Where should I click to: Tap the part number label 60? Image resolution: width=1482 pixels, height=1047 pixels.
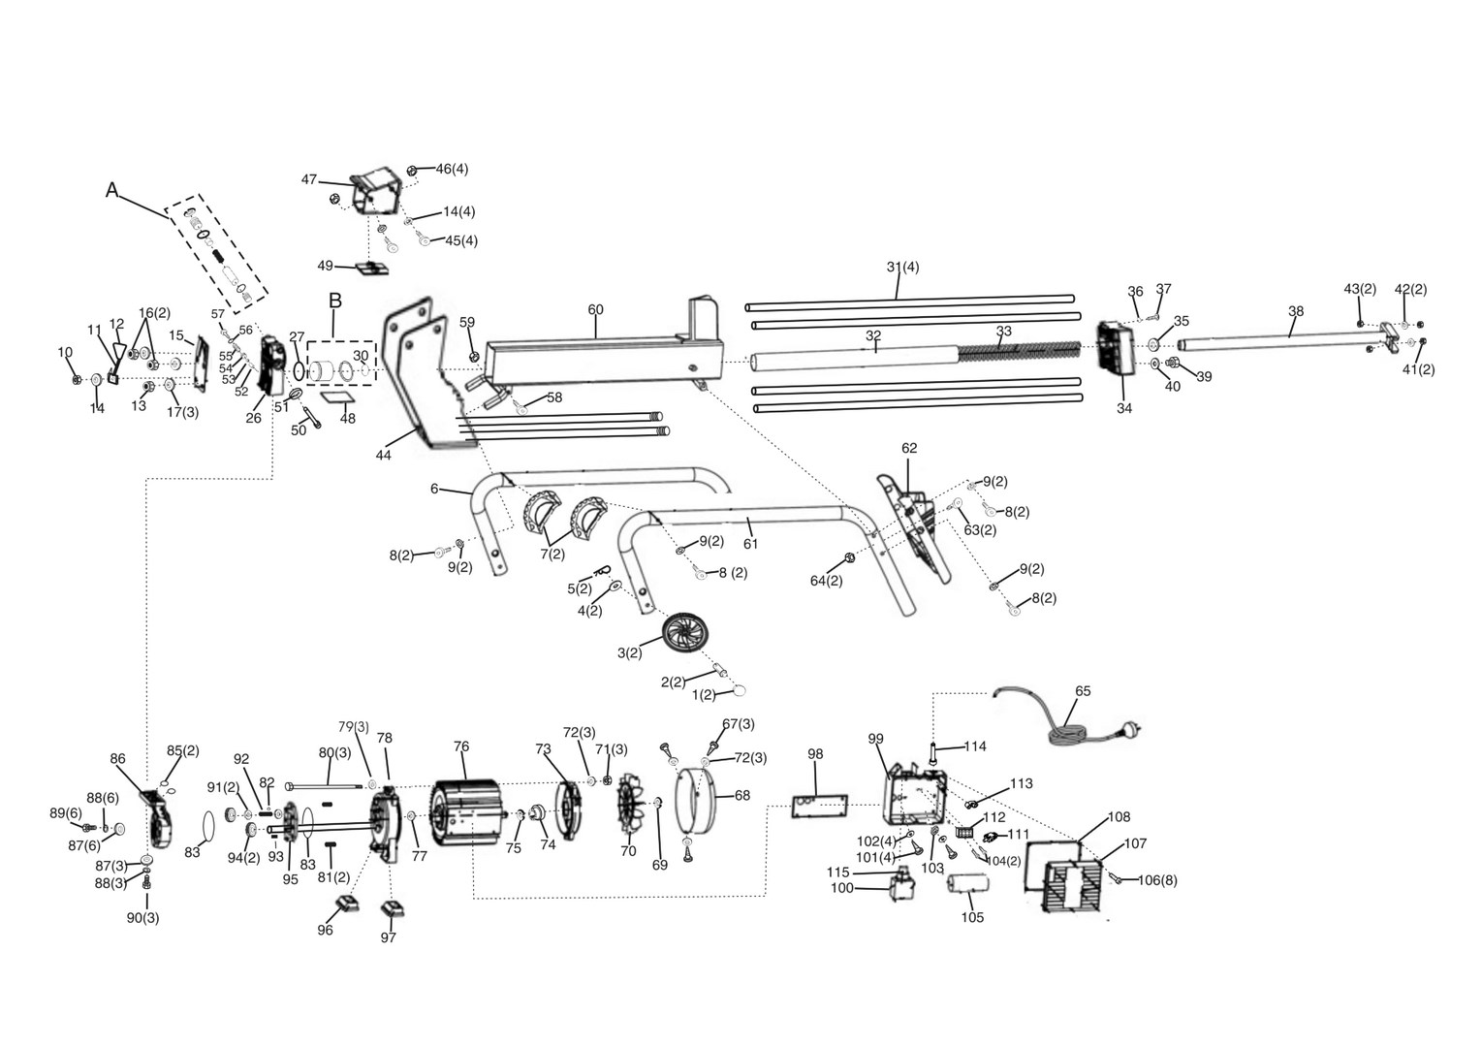tap(595, 310)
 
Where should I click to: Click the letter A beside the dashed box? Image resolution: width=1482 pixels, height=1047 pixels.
tap(112, 191)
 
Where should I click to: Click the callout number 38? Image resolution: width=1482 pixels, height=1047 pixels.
tap(1296, 311)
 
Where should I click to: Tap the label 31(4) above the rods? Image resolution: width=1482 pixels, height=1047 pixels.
tap(902, 267)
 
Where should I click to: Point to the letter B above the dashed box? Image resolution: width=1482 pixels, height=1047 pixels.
tap(335, 301)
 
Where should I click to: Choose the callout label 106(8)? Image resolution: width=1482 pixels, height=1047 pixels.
tap(1157, 880)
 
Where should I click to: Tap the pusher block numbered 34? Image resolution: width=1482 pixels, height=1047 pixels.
tap(1115, 349)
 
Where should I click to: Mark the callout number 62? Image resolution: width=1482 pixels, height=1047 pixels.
tap(908, 448)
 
